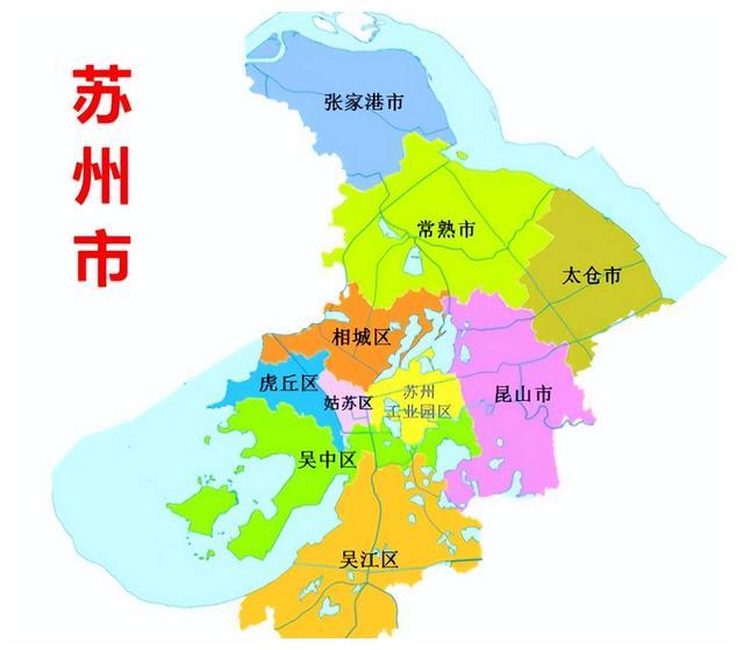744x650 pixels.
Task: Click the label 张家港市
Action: pos(364,102)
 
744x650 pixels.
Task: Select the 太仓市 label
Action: pos(591,276)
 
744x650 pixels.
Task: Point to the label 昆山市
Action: pos(523,394)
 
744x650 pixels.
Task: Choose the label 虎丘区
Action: pos(288,383)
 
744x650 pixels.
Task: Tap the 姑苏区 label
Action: pos(348,403)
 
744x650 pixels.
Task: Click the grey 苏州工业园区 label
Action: pos(418,402)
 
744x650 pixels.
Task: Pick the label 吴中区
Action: pos(327,460)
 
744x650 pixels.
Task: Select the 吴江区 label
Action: pos(369,560)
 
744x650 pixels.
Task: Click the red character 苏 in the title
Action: pos(102,94)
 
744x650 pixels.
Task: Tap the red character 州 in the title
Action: pos(102,175)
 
